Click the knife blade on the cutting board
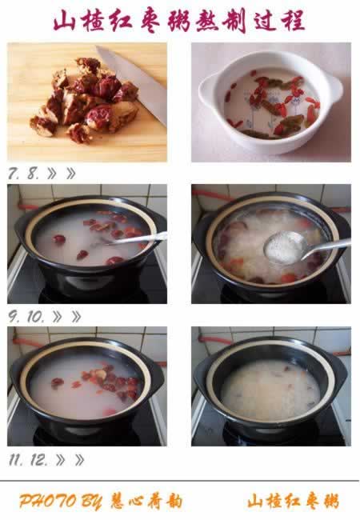point(133,85)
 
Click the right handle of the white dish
point(335,87)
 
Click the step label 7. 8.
point(23,174)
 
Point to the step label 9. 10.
point(26,317)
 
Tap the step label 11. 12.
point(28,460)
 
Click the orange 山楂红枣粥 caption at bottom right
point(294,501)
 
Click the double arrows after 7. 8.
point(62,174)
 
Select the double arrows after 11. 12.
point(70,460)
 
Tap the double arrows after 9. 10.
point(66,317)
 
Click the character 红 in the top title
point(122,21)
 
